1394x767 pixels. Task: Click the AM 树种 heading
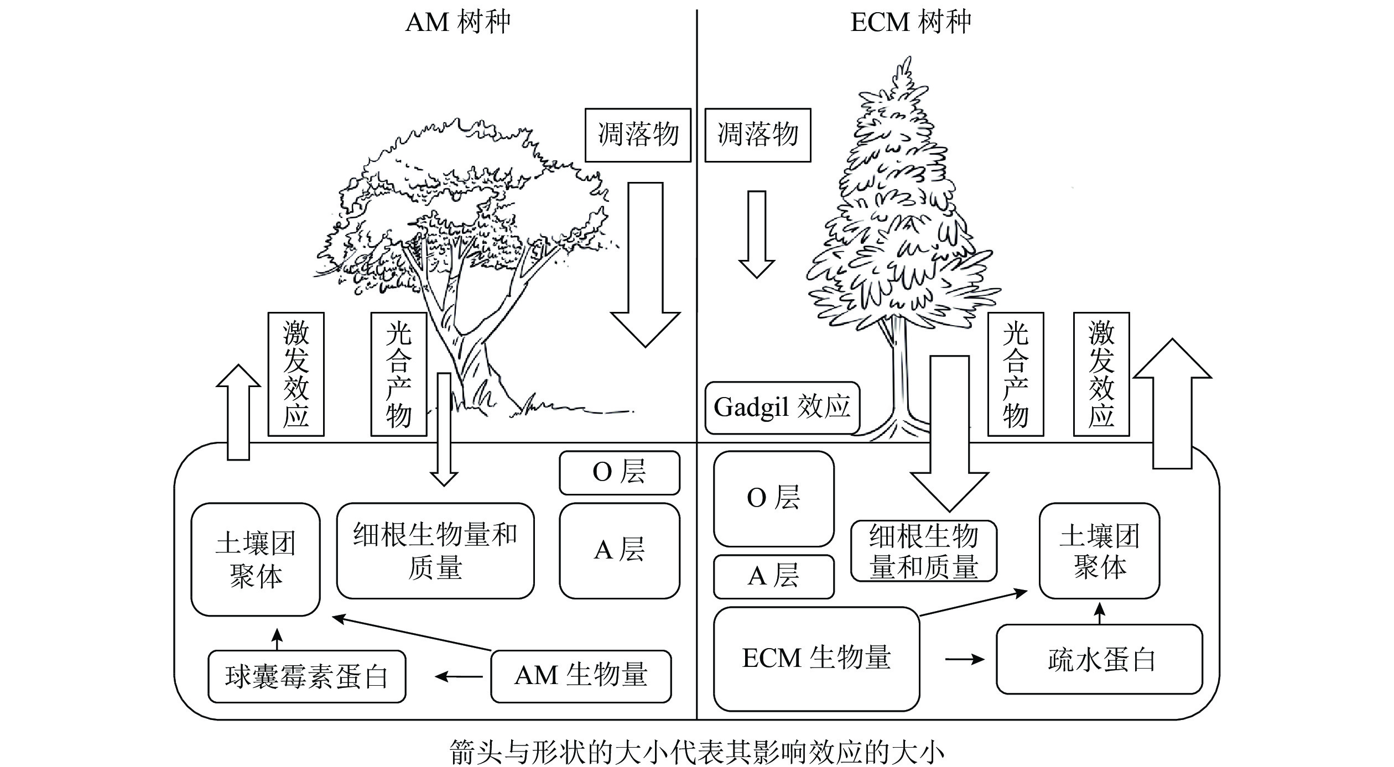(457, 23)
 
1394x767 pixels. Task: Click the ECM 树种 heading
(911, 23)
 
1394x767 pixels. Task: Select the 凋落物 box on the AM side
(638, 135)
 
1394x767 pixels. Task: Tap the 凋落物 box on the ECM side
(757, 135)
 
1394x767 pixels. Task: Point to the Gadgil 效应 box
(782, 408)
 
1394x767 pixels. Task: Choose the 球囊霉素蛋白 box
(306, 676)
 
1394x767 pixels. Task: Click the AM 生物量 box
(581, 676)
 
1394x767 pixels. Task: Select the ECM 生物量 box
(816, 658)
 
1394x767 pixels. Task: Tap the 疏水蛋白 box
(1099, 659)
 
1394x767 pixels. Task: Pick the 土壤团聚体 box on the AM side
(255, 559)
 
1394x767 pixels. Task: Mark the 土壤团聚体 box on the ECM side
(1099, 551)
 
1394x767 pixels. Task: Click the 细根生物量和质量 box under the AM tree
(435, 551)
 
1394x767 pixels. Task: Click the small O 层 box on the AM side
(619, 473)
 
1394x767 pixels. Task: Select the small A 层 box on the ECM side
(773, 577)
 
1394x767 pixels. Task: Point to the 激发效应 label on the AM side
(296, 374)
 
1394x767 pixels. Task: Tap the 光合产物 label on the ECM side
(1015, 374)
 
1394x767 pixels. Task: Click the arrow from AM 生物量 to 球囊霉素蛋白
(459, 676)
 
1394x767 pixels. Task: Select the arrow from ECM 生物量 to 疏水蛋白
(965, 659)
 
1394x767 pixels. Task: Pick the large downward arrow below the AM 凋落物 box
(646, 265)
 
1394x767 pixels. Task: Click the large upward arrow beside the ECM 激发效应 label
(1172, 404)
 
